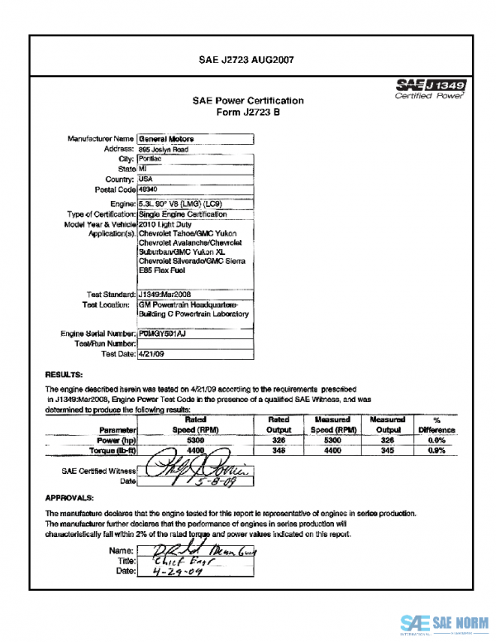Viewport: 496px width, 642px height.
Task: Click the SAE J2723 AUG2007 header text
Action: [247, 60]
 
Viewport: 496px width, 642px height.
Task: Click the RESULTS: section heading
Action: [63, 374]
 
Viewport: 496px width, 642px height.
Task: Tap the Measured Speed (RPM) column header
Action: [334, 425]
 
